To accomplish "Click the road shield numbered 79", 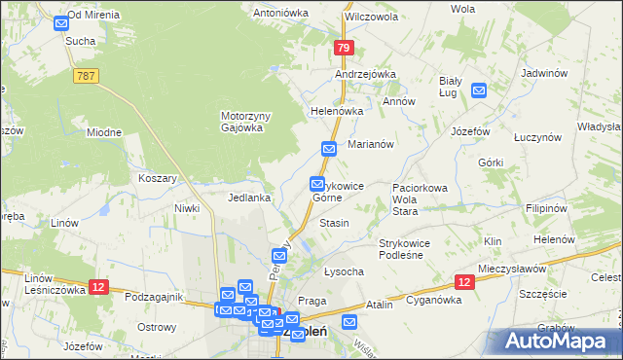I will click(342, 47).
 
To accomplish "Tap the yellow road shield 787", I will click(84, 75).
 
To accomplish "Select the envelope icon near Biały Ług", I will click(479, 90).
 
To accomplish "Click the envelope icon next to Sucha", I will click(61, 22).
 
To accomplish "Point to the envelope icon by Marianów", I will click(329, 149).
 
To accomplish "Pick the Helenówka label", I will click(337, 111).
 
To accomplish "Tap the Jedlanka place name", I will click(248, 197).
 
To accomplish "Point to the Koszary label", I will click(158, 178).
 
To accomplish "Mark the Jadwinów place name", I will click(544, 73).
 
